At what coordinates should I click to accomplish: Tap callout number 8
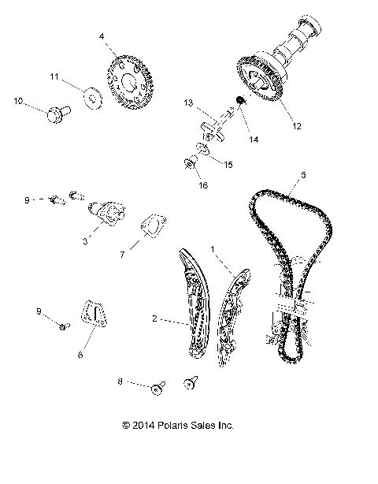point(120,381)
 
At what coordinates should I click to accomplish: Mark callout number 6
point(79,356)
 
